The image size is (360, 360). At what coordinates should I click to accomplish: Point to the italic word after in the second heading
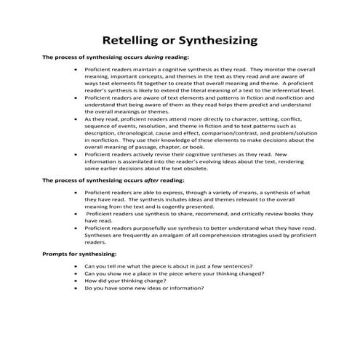142,179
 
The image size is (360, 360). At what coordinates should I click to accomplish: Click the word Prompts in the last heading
56,254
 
